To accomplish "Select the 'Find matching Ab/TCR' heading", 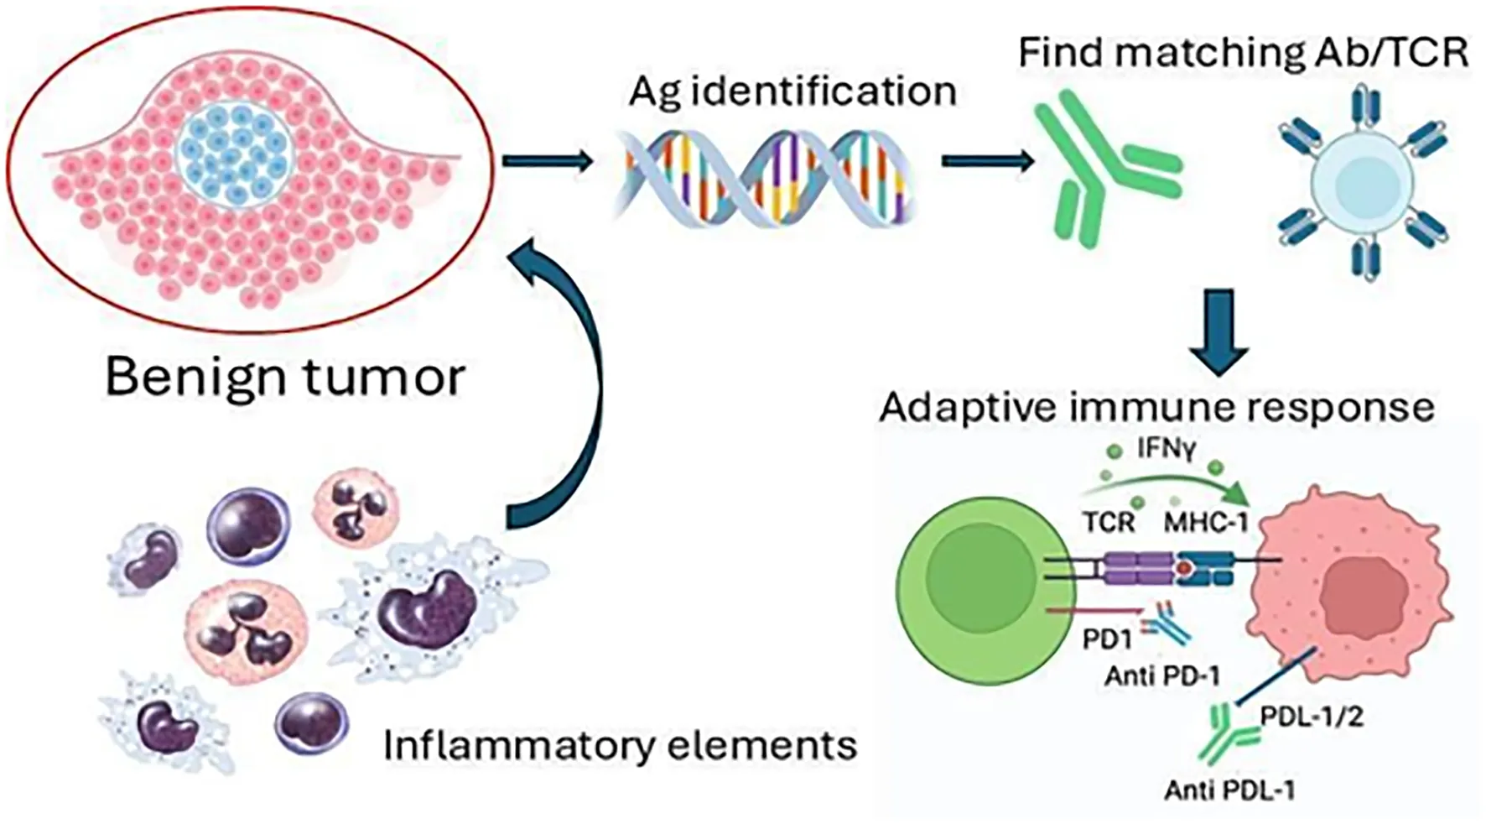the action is click(1244, 52).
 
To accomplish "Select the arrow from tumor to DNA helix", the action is click(547, 160).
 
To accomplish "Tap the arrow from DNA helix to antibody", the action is click(987, 160).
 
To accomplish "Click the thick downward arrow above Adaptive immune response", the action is click(1218, 331).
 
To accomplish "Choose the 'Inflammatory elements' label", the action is click(620, 744).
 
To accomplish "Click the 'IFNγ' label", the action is click(1166, 449).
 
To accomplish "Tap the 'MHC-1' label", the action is click(1207, 523).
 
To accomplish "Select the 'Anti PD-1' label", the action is click(1162, 675).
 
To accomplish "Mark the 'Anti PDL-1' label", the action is click(1229, 790).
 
